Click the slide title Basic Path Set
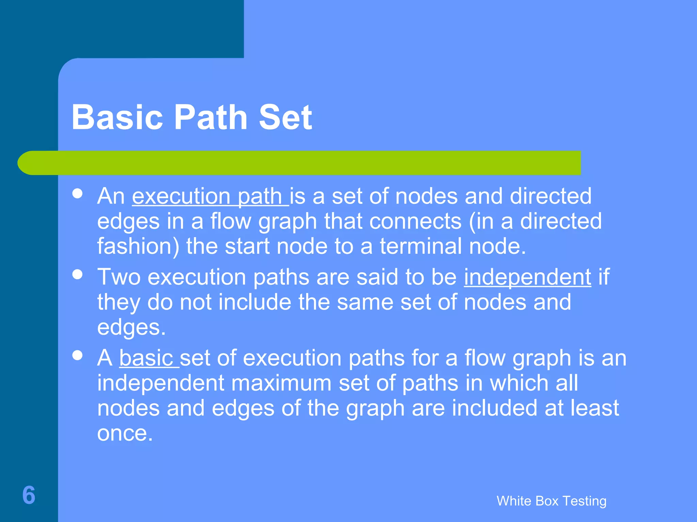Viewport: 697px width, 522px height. [x=192, y=117]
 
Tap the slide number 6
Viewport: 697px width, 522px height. [x=29, y=495]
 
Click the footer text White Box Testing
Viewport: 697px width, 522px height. [x=551, y=501]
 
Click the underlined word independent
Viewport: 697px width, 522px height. [x=528, y=277]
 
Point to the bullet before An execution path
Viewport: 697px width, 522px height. [x=78, y=194]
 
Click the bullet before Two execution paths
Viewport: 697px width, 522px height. [x=78, y=275]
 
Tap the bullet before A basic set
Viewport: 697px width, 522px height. [x=78, y=355]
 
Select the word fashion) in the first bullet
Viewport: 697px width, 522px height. [x=138, y=246]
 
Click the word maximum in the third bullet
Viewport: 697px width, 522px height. [x=281, y=383]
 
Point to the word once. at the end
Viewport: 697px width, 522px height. [x=125, y=433]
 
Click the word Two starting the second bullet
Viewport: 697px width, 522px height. [x=119, y=277]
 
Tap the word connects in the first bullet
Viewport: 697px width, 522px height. [x=415, y=221]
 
